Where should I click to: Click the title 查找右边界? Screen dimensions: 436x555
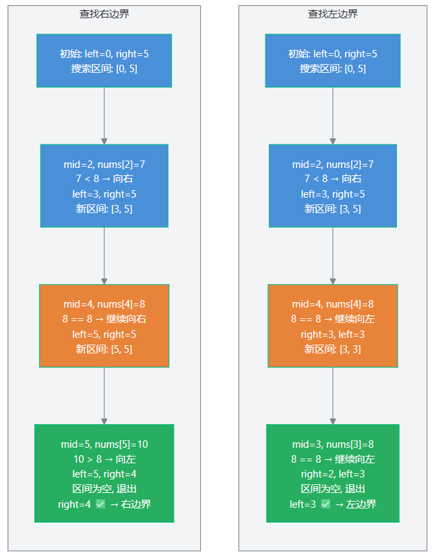click(104, 13)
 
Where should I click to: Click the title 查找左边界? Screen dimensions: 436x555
click(333, 13)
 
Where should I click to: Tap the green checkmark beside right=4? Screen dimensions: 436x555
click(100, 504)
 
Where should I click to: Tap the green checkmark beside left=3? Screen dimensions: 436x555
click(325, 504)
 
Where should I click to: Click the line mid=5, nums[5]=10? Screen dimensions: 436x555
click(104, 444)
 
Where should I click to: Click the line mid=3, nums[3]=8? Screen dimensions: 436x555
click(333, 444)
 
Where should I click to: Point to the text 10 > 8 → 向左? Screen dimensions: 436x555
click(104, 459)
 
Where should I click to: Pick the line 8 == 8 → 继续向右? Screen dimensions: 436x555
click(104, 319)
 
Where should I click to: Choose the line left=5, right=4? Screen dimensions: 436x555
click(104, 474)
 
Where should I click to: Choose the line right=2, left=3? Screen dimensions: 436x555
click(333, 474)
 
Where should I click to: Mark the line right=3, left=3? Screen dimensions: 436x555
click(333, 334)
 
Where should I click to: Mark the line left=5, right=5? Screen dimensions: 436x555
click(104, 334)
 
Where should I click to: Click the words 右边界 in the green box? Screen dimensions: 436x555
click(135, 504)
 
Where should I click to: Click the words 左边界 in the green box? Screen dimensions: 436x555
click(361, 504)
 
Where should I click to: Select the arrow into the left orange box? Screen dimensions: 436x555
click(104, 256)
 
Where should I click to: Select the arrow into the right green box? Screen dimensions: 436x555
click(333, 396)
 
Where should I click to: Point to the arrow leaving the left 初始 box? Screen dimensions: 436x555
click(104, 116)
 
